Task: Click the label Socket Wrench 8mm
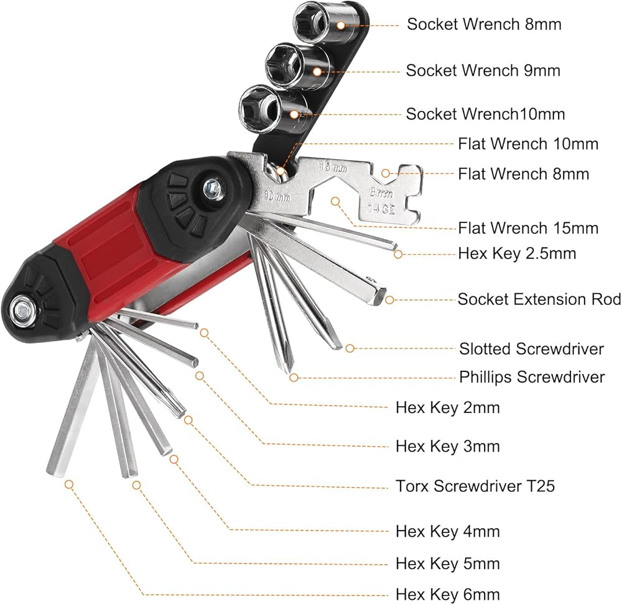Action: tap(484, 24)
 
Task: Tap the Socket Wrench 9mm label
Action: tap(483, 71)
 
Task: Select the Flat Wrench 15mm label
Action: tap(528, 228)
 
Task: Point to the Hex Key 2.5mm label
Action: tap(517, 253)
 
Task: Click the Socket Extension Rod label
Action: tap(539, 299)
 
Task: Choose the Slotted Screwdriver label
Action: tap(532, 348)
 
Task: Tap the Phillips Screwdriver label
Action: tap(532, 377)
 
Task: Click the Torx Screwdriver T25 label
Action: tap(475, 486)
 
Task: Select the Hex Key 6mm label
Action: tap(448, 594)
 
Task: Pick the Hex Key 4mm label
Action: tap(448, 531)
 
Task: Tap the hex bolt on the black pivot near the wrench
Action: tap(212, 188)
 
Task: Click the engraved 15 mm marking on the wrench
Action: tap(333, 167)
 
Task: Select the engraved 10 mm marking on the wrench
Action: tap(277, 196)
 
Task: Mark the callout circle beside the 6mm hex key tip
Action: tap(69, 484)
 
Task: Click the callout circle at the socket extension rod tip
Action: tap(389, 300)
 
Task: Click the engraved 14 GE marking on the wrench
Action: tap(381, 209)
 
